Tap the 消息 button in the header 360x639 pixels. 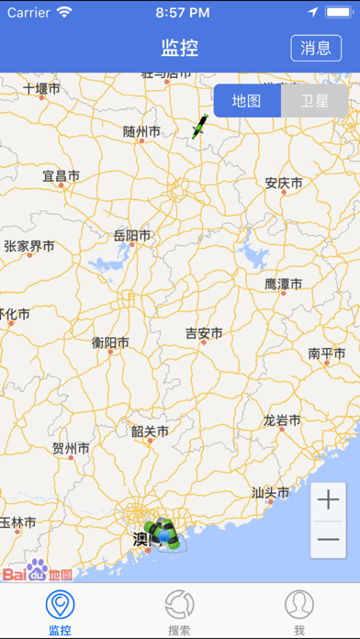coord(315,48)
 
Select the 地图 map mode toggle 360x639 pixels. coord(247,101)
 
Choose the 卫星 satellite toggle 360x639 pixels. coord(314,101)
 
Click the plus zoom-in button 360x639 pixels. coord(328,500)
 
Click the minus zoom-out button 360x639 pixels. coord(328,540)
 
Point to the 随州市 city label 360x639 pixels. coord(141,132)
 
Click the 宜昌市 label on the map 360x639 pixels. coord(61,175)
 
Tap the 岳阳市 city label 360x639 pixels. coord(131,236)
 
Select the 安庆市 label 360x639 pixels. coord(283,183)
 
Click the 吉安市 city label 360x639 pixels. coord(204,334)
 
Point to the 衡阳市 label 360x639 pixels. coord(110,343)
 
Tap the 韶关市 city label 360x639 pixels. coord(150,431)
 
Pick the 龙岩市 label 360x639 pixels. coord(282,421)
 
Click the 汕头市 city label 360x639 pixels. coord(270,492)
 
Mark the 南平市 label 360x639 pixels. coord(326,353)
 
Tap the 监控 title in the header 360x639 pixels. coord(180,48)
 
